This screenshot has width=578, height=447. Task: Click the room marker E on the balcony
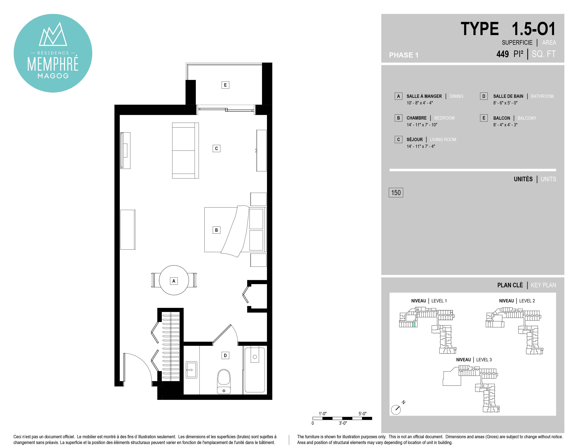[x=225, y=85]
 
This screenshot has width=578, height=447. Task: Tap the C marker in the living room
[x=216, y=148]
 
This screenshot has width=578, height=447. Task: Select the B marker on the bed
[x=216, y=230]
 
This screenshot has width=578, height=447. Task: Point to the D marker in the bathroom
[x=225, y=355]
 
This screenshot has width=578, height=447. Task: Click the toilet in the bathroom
[x=224, y=381]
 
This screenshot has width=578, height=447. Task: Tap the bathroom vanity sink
[x=191, y=370]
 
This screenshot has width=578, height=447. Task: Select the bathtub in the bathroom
[x=255, y=370]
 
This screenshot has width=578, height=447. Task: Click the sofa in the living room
[x=185, y=150]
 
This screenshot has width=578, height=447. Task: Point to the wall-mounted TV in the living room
[x=125, y=150]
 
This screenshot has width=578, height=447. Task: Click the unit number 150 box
[x=396, y=192]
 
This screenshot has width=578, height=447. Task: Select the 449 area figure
[x=503, y=54]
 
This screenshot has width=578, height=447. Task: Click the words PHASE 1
[x=404, y=55]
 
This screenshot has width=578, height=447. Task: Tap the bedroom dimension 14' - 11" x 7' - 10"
[x=422, y=125]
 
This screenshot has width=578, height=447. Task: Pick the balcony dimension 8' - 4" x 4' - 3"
[x=505, y=125]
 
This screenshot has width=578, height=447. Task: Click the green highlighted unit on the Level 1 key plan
[x=414, y=324]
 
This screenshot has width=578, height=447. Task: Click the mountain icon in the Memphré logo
[x=53, y=34]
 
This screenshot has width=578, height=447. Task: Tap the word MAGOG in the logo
[x=53, y=76]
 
